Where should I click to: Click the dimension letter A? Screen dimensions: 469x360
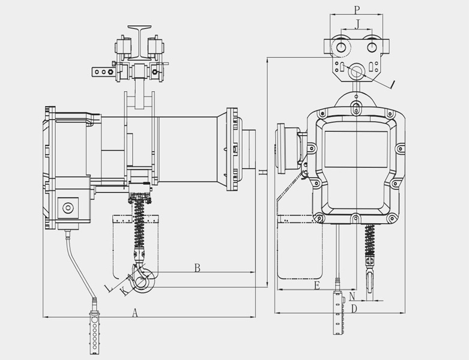point(135,313)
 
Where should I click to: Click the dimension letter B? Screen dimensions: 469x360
point(197,268)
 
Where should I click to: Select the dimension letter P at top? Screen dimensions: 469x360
point(356,10)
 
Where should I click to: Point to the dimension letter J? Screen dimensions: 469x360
point(357,25)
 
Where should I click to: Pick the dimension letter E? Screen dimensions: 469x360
point(317,286)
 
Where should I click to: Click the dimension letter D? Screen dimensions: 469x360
point(354,308)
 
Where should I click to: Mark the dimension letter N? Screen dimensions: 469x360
point(352,296)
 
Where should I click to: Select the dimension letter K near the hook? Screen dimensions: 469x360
point(124,290)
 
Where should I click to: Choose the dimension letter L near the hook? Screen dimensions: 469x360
point(109,288)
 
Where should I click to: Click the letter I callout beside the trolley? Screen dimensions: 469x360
point(393,85)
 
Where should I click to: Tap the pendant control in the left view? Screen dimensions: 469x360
point(94,332)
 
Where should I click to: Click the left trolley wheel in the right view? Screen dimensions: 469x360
point(341,47)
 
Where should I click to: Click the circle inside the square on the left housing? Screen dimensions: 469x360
point(68,208)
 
